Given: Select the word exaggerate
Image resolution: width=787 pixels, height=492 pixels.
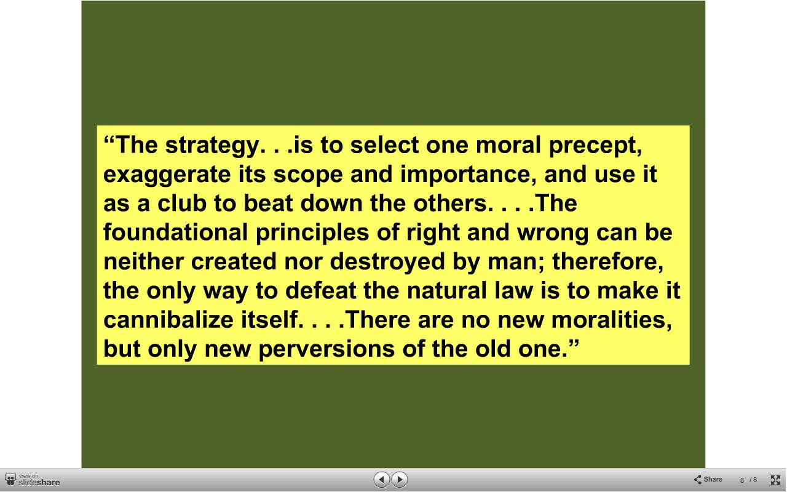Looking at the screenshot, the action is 167,175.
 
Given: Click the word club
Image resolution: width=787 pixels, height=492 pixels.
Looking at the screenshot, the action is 181,203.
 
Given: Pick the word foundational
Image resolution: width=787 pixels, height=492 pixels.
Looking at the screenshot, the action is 175,232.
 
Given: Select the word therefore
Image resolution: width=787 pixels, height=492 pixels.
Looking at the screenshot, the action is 608,262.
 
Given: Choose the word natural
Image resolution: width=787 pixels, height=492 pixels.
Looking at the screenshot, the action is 446,291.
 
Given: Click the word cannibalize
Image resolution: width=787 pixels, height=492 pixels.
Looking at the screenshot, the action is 168,320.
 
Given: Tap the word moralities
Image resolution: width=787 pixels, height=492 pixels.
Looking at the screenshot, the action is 611,320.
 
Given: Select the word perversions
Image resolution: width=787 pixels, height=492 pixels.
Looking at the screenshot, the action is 326,351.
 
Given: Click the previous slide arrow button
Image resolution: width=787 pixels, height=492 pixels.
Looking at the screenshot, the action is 382,479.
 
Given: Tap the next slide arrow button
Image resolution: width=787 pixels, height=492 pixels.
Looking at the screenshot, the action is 400,479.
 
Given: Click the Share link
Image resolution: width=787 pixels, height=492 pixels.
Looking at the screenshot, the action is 708,479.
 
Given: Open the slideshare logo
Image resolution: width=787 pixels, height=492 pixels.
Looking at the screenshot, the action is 33,480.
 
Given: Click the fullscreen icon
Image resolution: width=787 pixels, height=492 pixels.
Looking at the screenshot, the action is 775,480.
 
